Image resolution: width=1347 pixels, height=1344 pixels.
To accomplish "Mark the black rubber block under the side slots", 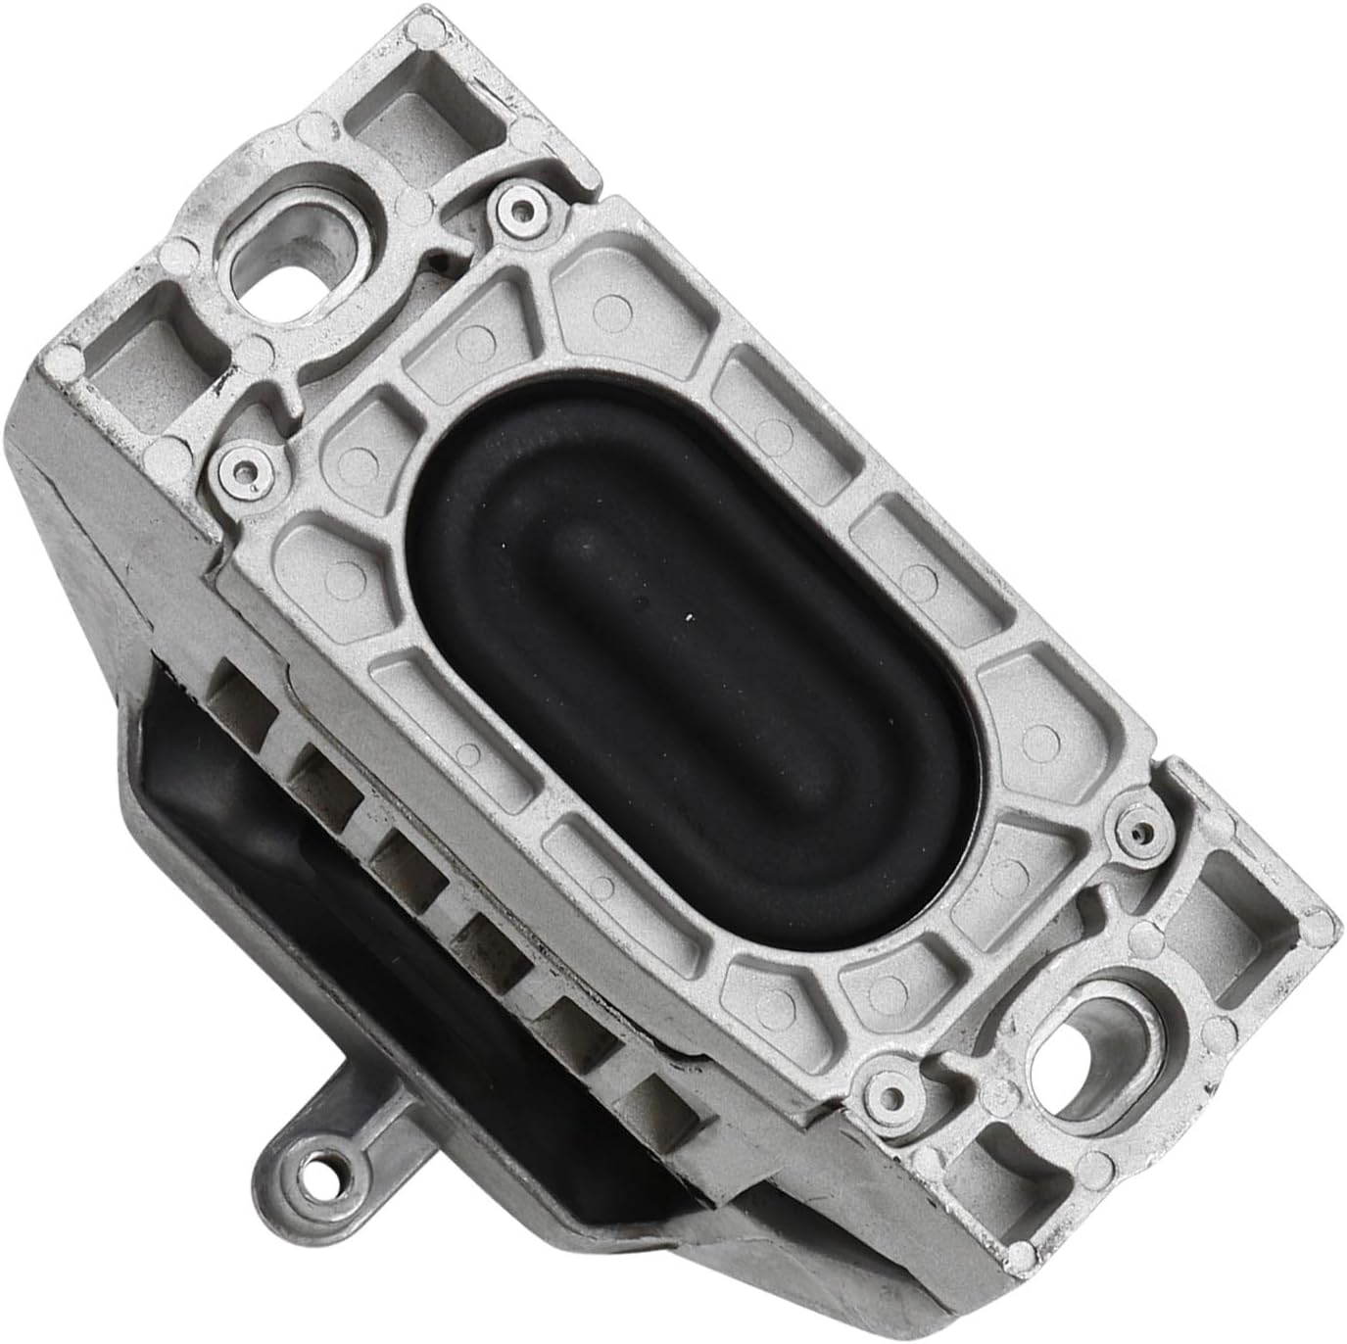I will coord(294,862).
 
